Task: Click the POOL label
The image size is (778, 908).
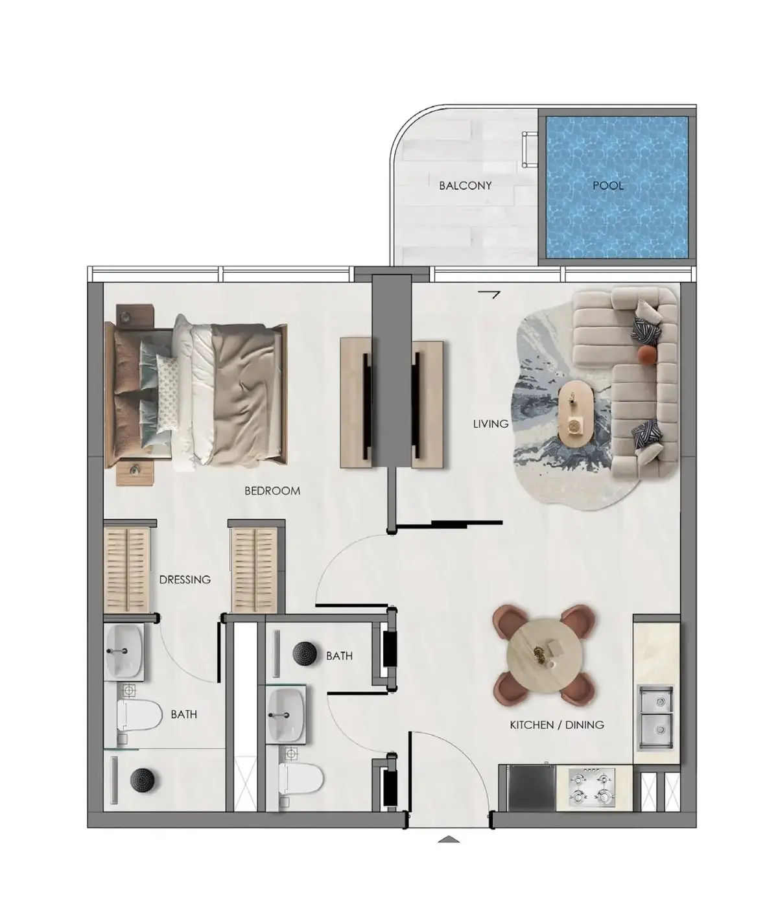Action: (607, 185)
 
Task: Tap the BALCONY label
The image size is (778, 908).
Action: (465, 185)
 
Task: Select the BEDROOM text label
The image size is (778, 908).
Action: (272, 491)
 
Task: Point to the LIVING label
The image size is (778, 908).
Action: (491, 424)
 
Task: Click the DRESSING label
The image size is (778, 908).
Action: (185, 579)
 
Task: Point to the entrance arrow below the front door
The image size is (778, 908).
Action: (449, 839)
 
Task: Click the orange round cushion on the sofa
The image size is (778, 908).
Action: (646, 355)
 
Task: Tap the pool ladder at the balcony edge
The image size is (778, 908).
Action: (529, 149)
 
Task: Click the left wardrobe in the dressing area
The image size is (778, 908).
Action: (127, 570)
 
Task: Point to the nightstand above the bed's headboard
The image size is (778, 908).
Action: (136, 314)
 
